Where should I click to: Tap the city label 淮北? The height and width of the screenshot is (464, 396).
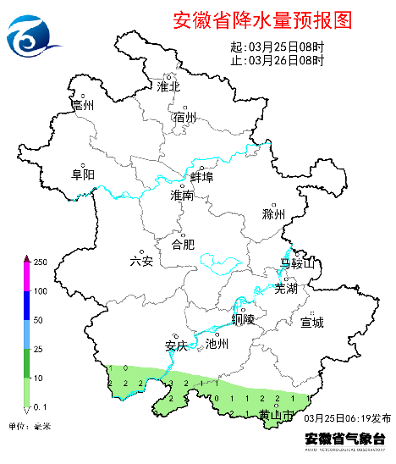click(169, 86)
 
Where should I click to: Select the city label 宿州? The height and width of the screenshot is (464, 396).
click(184, 118)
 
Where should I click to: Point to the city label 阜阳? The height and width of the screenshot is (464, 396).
click(83, 175)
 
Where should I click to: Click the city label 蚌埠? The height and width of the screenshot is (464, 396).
click(202, 177)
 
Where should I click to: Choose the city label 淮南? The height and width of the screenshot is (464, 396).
click(182, 196)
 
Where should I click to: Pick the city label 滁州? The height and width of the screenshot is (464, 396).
click(274, 214)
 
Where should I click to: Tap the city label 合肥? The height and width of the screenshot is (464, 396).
click(184, 245)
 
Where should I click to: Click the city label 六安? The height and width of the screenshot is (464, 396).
click(141, 261)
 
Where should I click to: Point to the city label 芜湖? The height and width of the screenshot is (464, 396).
click(286, 288)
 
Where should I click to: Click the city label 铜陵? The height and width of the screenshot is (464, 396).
click(243, 319)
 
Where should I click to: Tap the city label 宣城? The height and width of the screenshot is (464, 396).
click(312, 322)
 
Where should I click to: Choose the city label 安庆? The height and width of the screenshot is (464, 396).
click(175, 345)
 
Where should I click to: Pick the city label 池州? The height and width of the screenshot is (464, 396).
click(217, 344)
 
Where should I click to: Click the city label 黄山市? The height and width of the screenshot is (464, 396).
click(276, 415)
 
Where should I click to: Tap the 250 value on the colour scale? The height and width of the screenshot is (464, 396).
click(39, 262)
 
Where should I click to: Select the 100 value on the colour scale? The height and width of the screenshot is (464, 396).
click(39, 291)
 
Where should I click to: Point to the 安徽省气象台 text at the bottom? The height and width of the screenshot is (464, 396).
click(344, 438)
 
